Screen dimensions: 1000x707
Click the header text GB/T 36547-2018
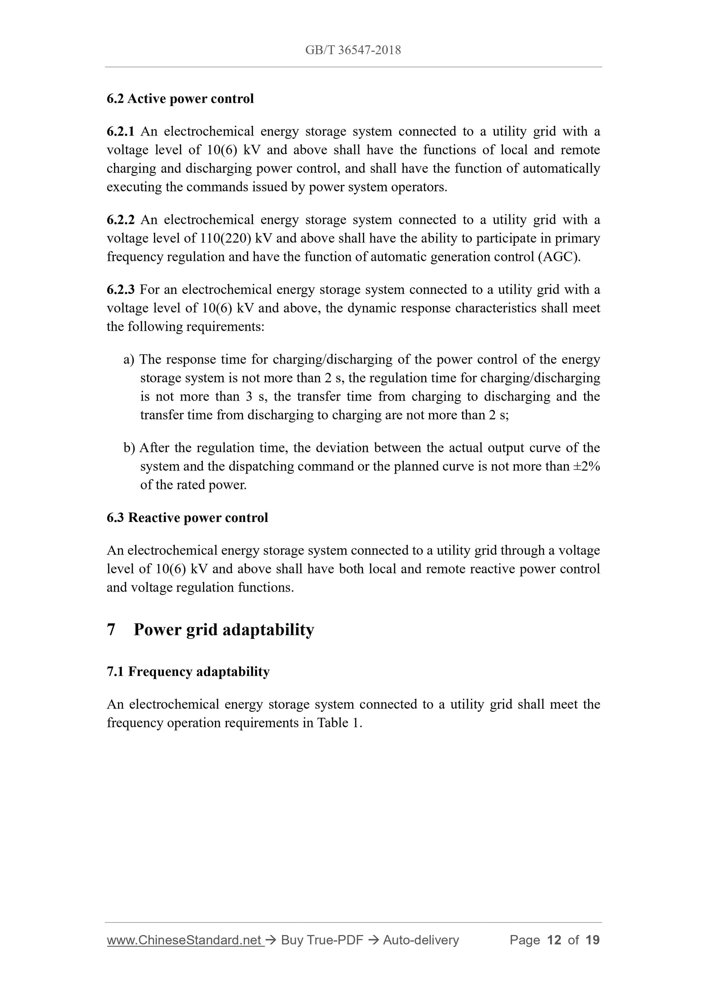(x=353, y=50)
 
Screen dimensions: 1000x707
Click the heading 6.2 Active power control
(x=180, y=99)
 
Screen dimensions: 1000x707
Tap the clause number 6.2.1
(x=121, y=131)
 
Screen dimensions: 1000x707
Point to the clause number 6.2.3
(x=121, y=289)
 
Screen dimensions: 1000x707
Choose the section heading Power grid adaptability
(x=223, y=629)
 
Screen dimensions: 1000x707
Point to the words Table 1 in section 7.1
(x=339, y=722)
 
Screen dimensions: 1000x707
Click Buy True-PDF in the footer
(x=322, y=940)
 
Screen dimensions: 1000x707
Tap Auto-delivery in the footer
(x=421, y=940)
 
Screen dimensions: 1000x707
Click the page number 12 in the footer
(x=554, y=940)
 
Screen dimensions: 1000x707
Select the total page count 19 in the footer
(x=593, y=940)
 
